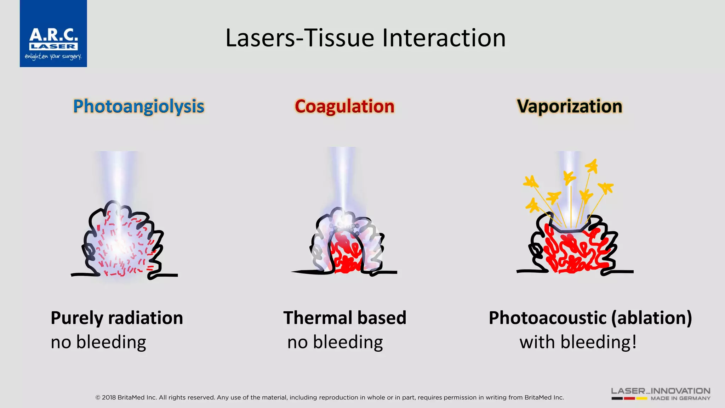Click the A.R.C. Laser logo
53,34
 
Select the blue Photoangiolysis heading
138,106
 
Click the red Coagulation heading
344,106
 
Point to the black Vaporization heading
569,106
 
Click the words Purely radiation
117,318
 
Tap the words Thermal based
344,318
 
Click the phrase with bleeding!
578,342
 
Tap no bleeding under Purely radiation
98,342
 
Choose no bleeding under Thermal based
335,342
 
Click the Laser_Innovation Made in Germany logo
661,393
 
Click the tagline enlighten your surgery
53,56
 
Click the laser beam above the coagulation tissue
342,177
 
